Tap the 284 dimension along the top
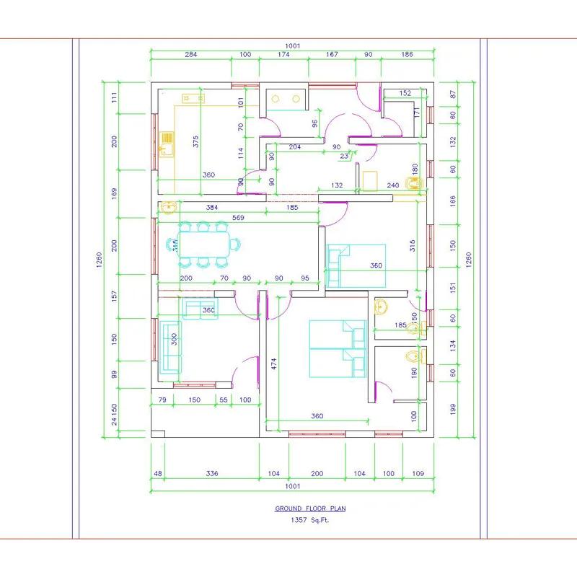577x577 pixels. pos(190,55)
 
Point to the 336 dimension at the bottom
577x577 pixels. pos(211,474)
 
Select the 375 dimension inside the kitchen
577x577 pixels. pos(196,142)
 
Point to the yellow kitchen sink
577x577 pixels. pos(167,144)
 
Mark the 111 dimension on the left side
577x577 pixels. pos(114,98)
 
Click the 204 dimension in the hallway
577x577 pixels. pos(294,147)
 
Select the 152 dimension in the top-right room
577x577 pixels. pos(405,93)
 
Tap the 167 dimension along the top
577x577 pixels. pos(332,55)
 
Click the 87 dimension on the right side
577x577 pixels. pos(453,94)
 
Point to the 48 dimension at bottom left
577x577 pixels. pos(157,474)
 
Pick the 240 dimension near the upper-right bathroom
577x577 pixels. pos(393,185)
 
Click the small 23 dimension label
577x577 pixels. pos(344,156)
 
